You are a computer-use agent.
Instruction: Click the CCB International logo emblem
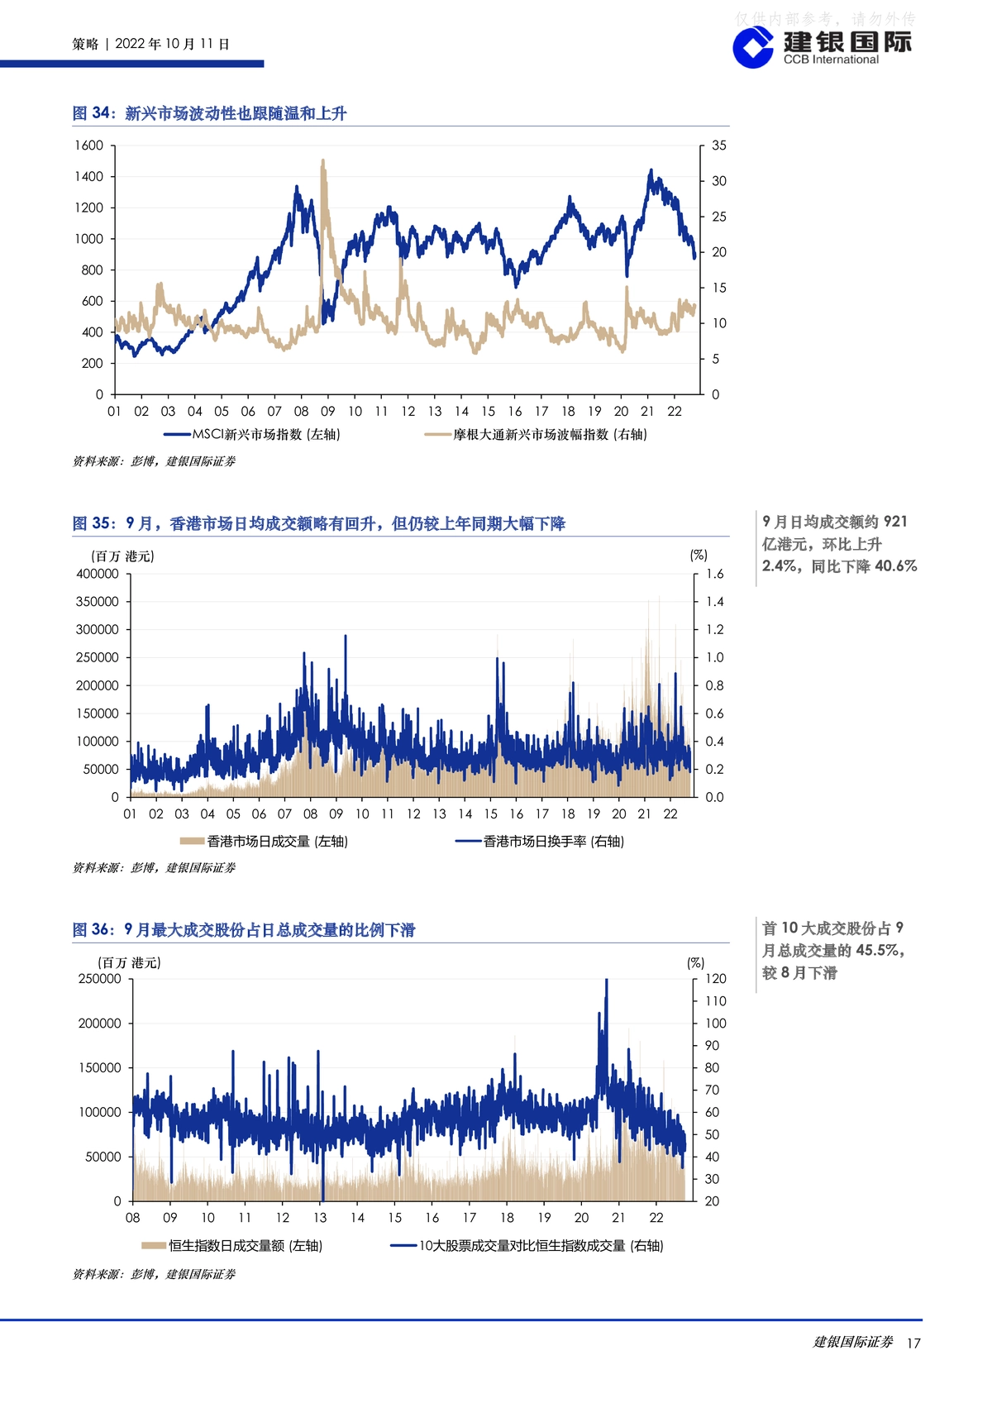point(753,48)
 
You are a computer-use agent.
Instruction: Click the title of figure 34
point(209,113)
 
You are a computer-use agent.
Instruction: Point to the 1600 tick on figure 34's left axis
point(89,146)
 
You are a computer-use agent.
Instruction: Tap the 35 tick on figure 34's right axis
point(719,146)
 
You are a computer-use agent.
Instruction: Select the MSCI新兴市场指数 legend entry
point(252,434)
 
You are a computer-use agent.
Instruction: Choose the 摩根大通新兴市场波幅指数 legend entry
point(536,434)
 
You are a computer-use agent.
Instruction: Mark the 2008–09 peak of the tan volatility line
point(322,161)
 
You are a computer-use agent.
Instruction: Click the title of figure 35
point(319,523)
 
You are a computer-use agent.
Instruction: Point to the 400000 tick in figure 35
point(97,574)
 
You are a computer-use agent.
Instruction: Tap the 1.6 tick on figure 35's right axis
point(714,574)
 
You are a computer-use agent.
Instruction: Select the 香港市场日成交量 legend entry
point(264,841)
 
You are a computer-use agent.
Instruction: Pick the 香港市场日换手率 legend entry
point(540,841)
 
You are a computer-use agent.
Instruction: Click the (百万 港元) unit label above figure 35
point(122,556)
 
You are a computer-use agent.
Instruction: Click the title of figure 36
point(244,929)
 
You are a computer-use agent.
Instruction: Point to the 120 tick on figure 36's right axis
point(716,978)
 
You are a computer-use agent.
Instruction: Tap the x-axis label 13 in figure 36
point(320,1218)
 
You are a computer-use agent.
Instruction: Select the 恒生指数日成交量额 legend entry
point(231,1246)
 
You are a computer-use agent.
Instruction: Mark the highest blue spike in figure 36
point(606,981)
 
